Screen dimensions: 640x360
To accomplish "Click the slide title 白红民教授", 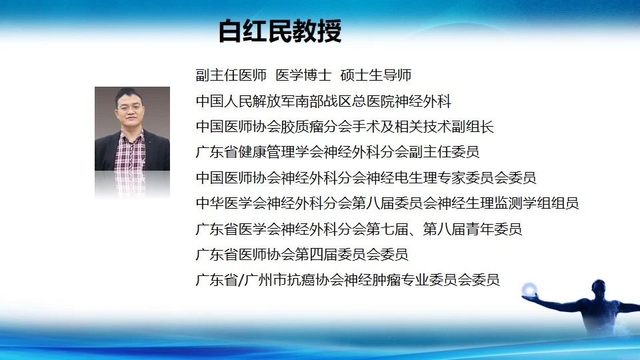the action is [280, 31].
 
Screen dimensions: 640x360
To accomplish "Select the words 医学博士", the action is [303, 75].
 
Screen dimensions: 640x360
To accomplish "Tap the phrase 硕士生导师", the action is [375, 75].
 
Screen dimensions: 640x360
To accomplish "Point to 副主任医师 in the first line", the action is [231, 75].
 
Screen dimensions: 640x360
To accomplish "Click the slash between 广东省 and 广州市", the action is [241, 280].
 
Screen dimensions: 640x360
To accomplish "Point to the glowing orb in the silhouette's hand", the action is [529, 289].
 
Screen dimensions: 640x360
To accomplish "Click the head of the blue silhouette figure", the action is [599, 287].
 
